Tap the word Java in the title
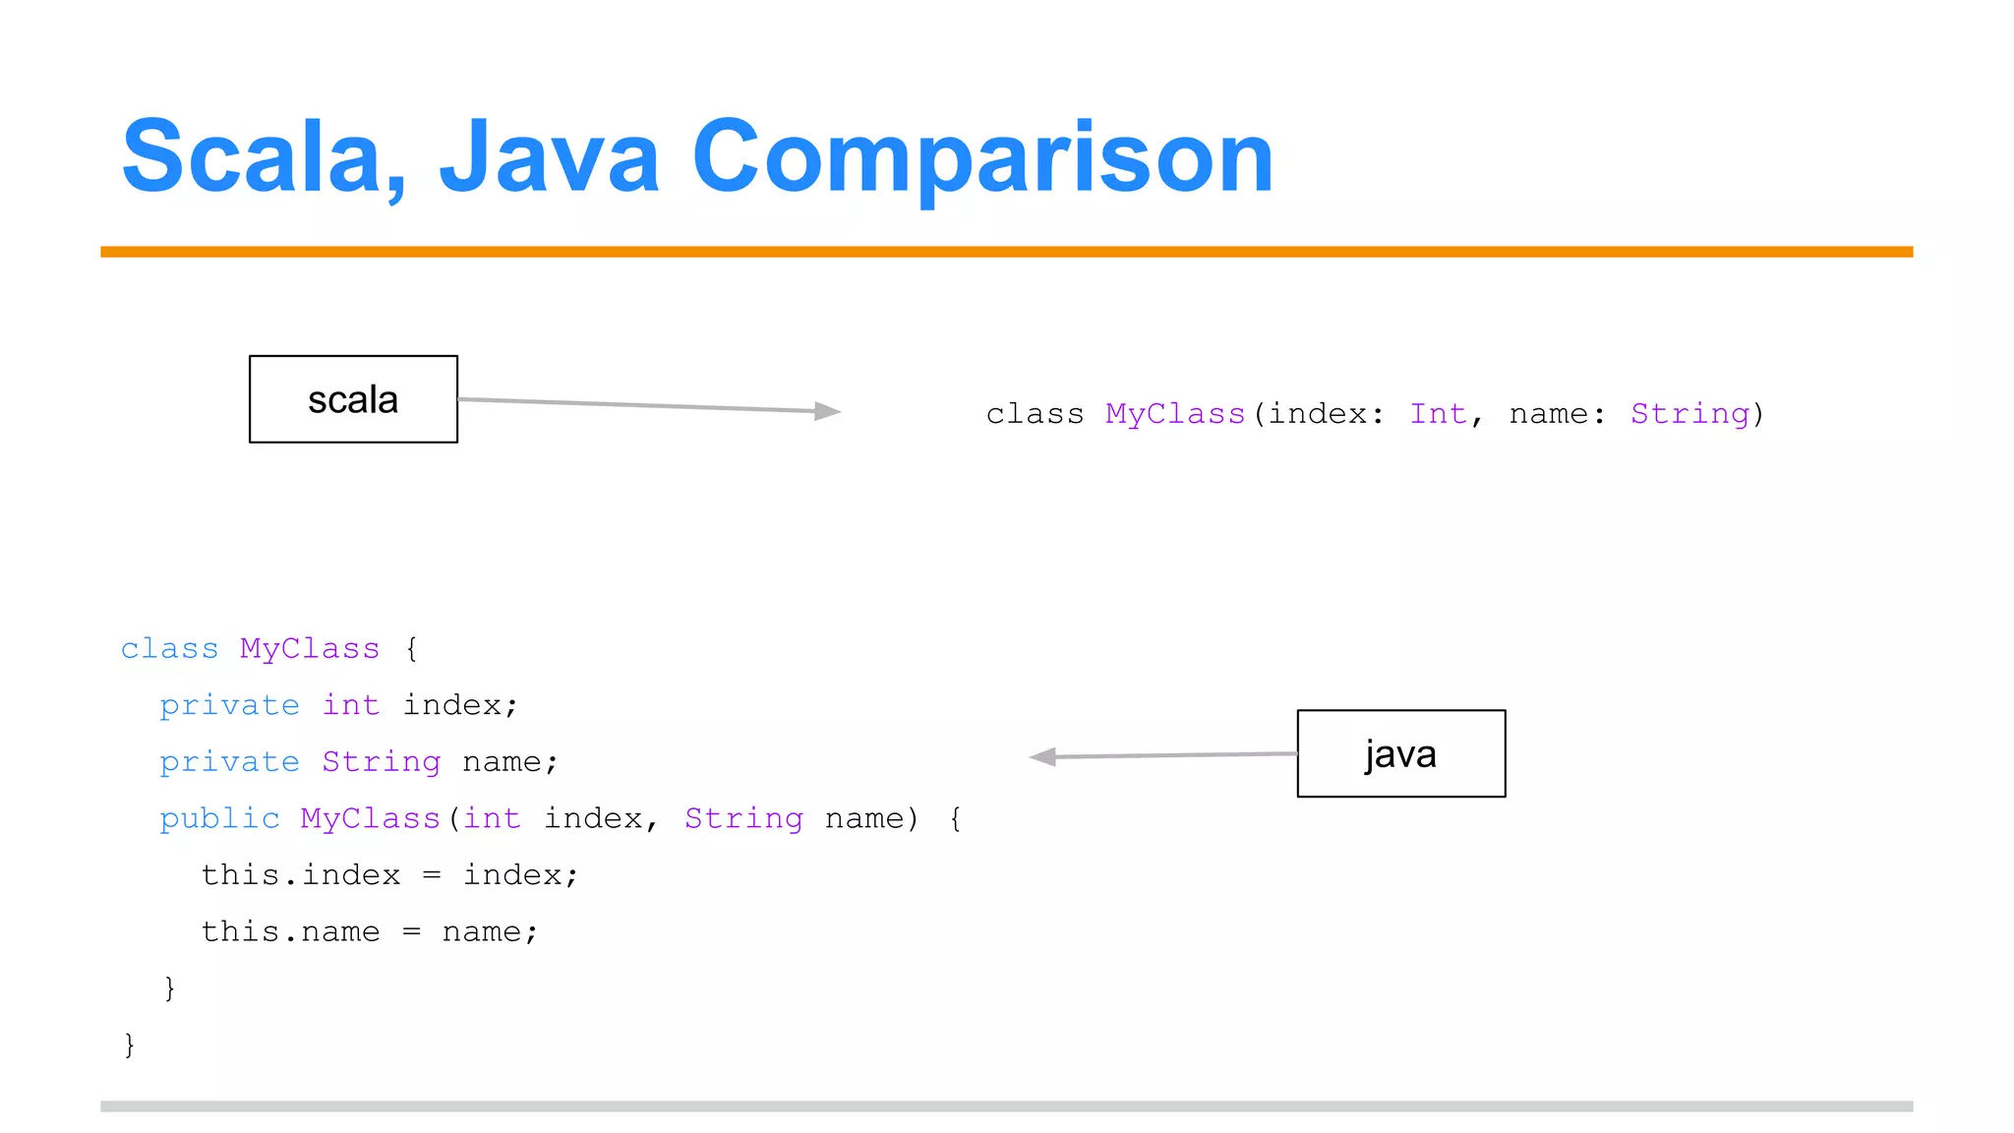pos(549,157)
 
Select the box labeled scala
pos(353,399)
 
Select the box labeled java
pos(1400,753)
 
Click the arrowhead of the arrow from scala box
pos(829,411)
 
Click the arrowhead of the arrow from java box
pos(1042,756)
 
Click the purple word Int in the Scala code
pos(1438,414)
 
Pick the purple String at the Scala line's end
pos(1689,414)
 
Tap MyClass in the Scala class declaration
pos(1175,414)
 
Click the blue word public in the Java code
pos(219,818)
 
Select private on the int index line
pos(229,705)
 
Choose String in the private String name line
pos(381,762)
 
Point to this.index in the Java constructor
pos(301,875)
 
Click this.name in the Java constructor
pos(290,931)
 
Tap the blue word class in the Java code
pos(169,649)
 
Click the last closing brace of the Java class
pos(129,1044)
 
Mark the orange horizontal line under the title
pos(1006,252)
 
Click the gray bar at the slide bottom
pos(1006,1106)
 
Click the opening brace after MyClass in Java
pos(411,649)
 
